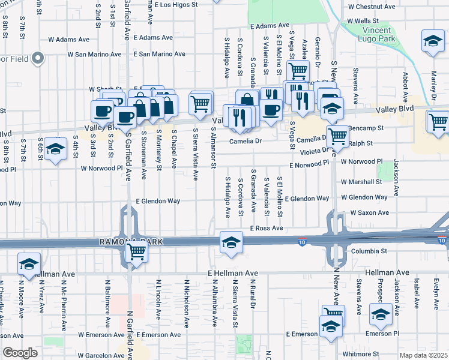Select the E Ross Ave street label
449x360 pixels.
[267, 229]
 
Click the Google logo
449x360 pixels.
[20, 353]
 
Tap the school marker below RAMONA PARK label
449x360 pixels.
[229, 242]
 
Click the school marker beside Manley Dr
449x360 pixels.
[431, 41]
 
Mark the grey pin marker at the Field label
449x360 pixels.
[38, 59]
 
